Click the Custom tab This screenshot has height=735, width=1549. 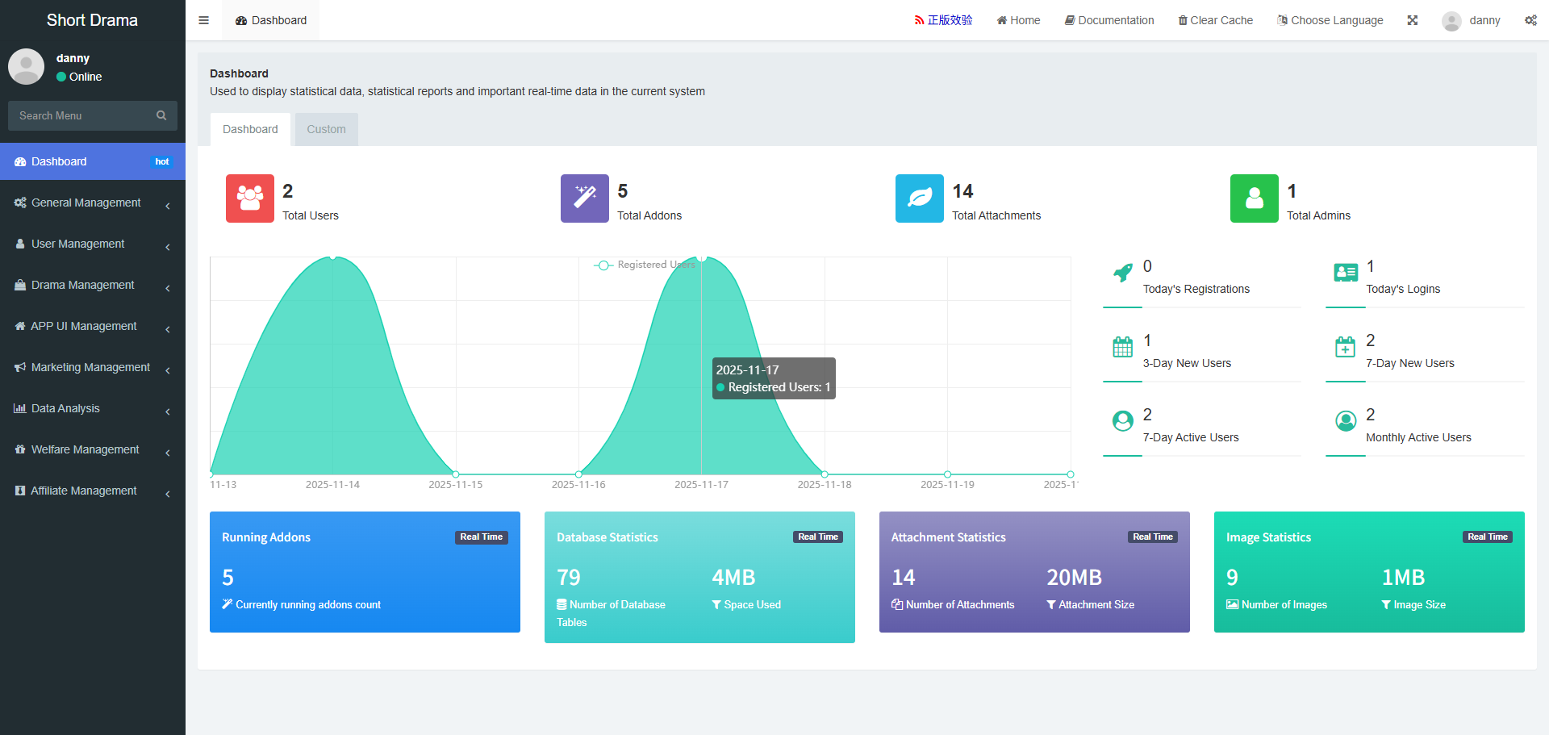326,129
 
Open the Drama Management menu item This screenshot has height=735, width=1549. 82,286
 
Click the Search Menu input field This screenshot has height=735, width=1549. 85,115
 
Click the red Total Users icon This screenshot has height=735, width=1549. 250,198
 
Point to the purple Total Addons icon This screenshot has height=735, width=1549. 585,198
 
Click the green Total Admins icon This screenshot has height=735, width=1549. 1255,198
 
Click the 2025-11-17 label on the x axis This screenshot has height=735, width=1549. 701,485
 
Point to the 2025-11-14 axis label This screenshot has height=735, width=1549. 332,485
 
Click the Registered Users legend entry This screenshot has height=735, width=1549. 645,265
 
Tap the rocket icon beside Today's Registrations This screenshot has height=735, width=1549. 1122,273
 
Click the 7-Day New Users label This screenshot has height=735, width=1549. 1409,364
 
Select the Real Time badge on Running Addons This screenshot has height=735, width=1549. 481,537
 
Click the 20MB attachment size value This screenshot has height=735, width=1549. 1074,578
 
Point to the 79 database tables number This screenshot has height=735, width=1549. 569,578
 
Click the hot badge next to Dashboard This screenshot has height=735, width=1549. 162,162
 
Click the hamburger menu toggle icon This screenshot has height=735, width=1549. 204,20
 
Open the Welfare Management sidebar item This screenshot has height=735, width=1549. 85,450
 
